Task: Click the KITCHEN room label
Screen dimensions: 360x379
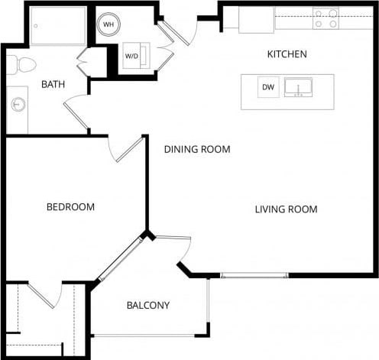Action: click(x=287, y=54)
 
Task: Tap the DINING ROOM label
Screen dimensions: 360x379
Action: click(x=197, y=149)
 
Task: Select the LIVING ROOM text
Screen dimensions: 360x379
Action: click(x=286, y=209)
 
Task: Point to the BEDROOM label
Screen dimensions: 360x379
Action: click(x=70, y=207)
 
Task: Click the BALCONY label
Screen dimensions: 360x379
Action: click(x=147, y=306)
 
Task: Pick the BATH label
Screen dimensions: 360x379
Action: click(x=53, y=84)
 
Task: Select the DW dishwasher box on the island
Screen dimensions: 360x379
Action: click(x=267, y=87)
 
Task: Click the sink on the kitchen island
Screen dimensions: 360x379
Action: click(x=297, y=88)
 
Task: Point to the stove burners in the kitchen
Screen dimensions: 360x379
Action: click(x=326, y=18)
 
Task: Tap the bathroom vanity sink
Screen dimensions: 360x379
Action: click(x=18, y=105)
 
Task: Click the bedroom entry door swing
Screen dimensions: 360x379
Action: click(x=124, y=150)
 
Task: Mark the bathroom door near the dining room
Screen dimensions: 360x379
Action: click(x=76, y=115)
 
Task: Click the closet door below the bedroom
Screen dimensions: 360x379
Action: click(x=44, y=295)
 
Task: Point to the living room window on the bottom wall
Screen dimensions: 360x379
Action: click(x=254, y=275)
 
